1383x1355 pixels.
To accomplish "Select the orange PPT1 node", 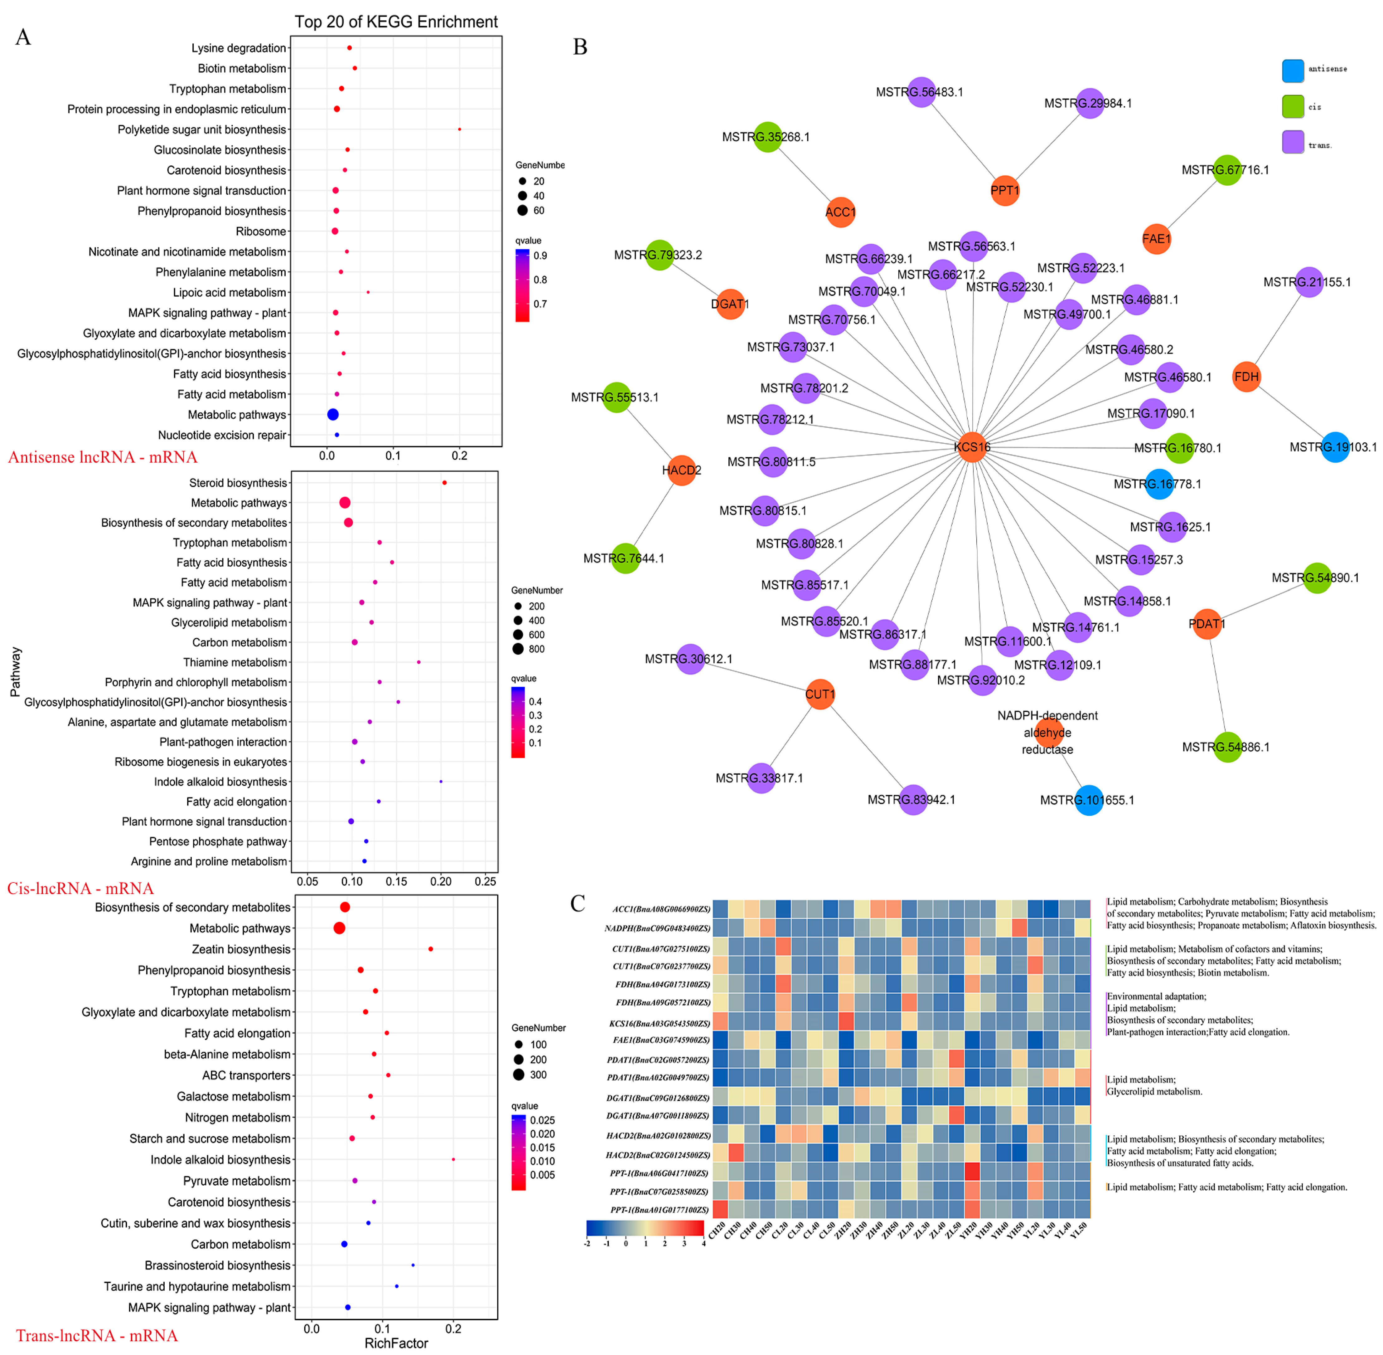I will click(x=1004, y=191).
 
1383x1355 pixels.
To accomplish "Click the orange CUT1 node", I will click(x=820, y=694).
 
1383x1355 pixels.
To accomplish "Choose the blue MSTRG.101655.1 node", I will click(x=1089, y=800).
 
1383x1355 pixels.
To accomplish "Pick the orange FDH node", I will click(x=1246, y=377).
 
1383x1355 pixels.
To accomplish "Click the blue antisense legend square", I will click(x=1293, y=70).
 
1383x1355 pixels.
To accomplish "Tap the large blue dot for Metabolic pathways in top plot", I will click(x=332, y=414).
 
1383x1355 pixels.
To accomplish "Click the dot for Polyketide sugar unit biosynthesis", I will click(x=460, y=129).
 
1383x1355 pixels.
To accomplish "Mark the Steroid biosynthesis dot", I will click(x=445, y=483).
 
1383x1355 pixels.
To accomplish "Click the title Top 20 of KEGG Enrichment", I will click(x=396, y=22).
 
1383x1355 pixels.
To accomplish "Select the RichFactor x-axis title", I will click(x=396, y=1343).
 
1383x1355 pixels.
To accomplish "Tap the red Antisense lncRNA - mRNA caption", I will click(x=103, y=457).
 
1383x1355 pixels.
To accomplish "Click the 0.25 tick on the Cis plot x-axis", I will click(x=485, y=881).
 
